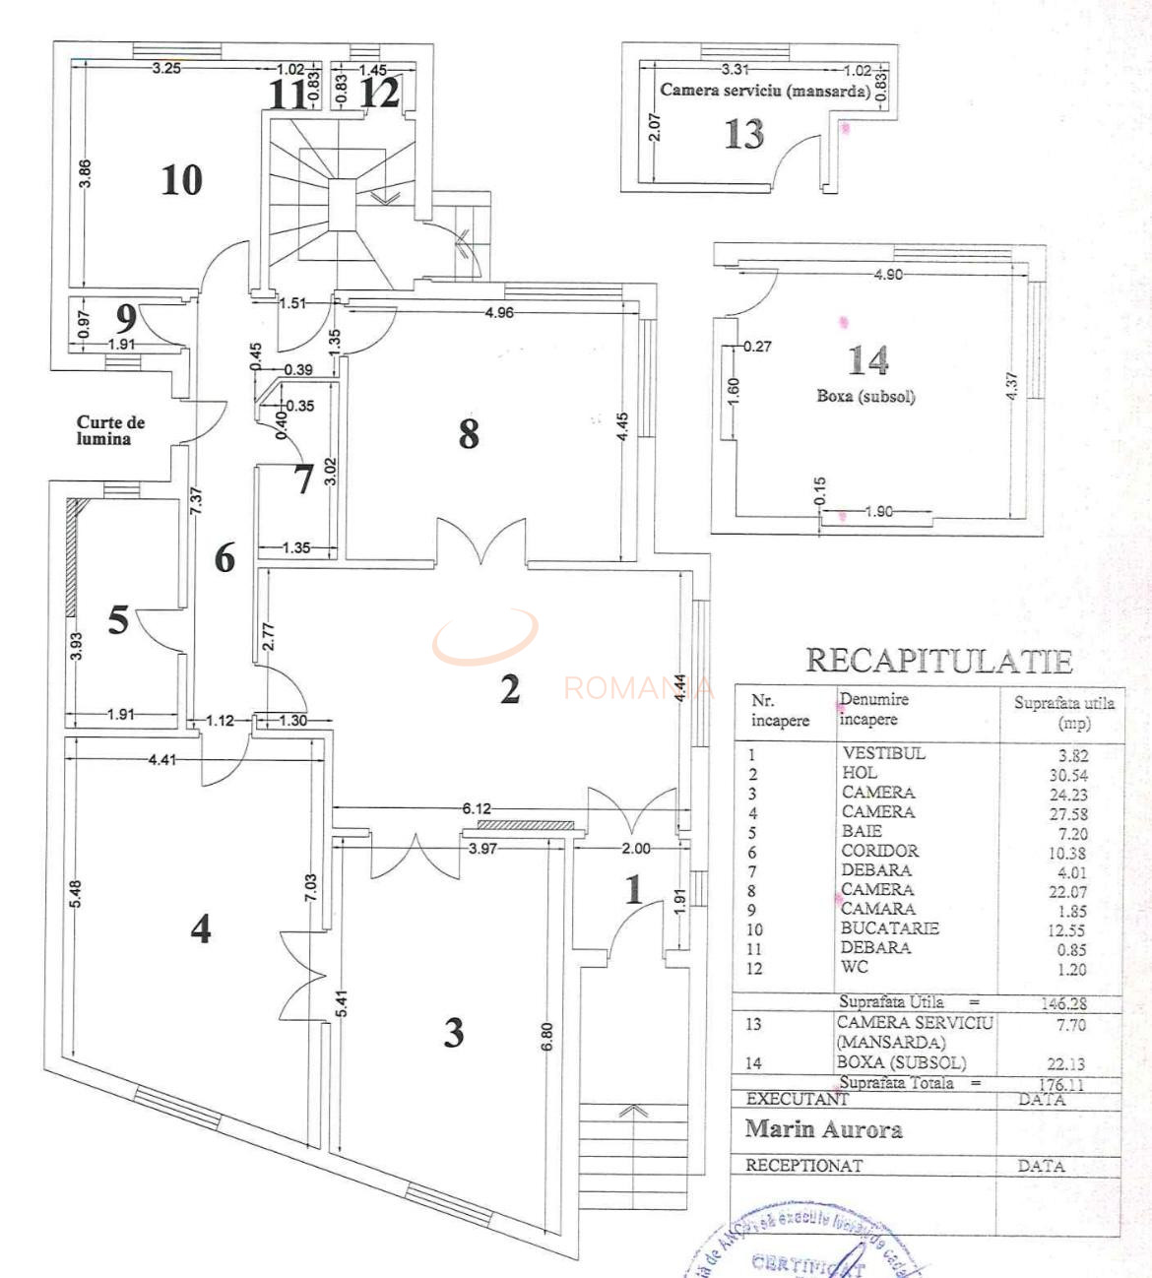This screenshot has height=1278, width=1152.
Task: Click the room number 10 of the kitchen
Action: click(182, 180)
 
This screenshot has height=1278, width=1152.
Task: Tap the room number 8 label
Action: click(469, 433)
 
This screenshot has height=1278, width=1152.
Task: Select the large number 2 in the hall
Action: click(509, 689)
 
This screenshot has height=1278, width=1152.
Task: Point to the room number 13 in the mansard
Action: click(743, 134)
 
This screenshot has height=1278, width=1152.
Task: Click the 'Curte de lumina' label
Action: click(110, 430)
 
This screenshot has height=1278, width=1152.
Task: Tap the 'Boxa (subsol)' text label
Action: click(865, 397)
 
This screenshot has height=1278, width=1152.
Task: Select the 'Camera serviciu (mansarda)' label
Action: click(765, 91)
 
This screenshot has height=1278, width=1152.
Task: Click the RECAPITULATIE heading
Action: click(938, 661)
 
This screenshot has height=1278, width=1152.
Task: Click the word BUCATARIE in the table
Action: click(889, 928)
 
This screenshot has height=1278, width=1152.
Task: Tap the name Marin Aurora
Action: click(823, 1129)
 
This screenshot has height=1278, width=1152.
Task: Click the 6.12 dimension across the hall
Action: click(477, 808)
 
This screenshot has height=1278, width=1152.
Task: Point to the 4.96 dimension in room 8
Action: click(499, 313)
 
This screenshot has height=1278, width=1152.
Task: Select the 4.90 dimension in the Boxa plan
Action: click(887, 275)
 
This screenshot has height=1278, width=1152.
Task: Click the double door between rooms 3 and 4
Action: click(303, 975)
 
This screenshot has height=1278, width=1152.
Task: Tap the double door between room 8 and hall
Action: click(481, 544)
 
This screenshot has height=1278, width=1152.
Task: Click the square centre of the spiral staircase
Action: click(343, 205)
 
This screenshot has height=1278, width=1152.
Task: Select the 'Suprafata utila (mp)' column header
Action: click(1063, 712)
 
